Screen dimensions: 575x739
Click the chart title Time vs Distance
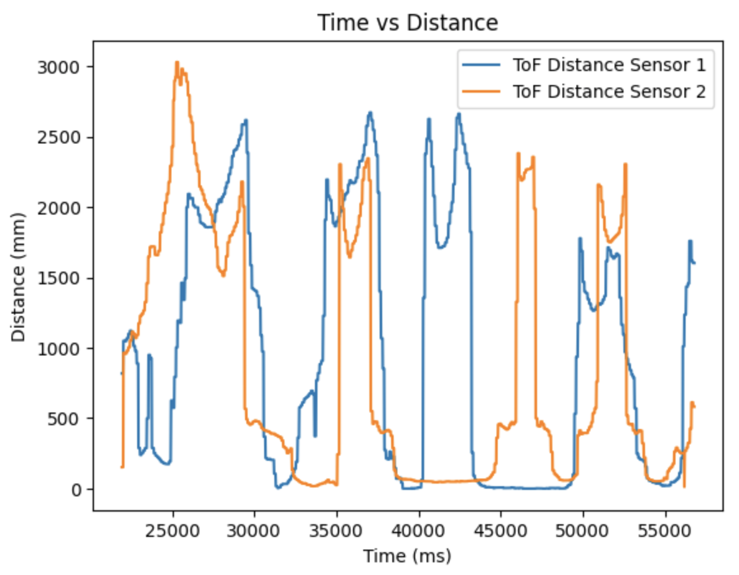(408, 23)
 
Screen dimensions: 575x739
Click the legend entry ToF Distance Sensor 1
(609, 65)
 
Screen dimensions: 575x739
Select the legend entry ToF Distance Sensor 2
(609, 92)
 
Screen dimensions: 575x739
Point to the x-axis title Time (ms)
(407, 557)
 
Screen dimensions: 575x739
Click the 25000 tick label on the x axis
(173, 529)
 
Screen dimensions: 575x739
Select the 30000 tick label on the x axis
(255, 529)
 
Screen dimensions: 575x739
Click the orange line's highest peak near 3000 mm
(177, 62)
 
